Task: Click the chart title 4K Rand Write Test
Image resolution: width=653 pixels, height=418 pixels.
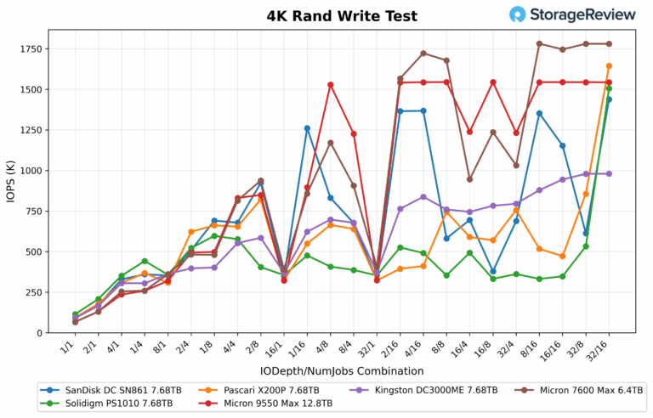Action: [326, 15]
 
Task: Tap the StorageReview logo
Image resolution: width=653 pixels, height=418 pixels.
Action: [572, 14]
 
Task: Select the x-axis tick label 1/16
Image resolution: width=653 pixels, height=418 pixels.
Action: [298, 347]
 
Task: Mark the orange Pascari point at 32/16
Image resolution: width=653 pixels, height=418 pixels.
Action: [609, 66]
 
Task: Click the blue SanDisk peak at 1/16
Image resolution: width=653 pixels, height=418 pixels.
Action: [307, 128]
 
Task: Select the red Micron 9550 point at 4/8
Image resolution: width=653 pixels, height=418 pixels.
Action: [331, 85]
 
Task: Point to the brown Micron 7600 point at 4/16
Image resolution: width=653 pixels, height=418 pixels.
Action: [423, 54]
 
